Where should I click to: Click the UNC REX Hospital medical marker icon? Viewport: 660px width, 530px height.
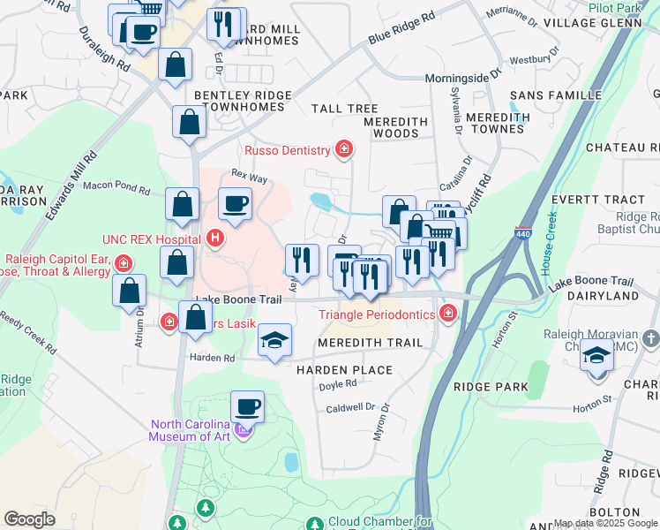point(214,238)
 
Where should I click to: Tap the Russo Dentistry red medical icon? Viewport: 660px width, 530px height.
point(343,151)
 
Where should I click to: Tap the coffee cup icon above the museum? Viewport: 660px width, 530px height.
point(247,407)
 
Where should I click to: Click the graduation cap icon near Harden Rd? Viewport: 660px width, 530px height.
point(274,342)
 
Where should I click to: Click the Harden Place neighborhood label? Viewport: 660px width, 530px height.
point(344,369)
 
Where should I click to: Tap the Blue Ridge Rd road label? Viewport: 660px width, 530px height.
point(402,28)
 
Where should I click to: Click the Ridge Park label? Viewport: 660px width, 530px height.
point(491,387)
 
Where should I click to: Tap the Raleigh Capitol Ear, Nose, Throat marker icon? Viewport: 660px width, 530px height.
point(124,263)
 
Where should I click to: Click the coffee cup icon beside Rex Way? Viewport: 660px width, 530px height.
point(235,204)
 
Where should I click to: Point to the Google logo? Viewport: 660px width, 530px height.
point(30,519)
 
